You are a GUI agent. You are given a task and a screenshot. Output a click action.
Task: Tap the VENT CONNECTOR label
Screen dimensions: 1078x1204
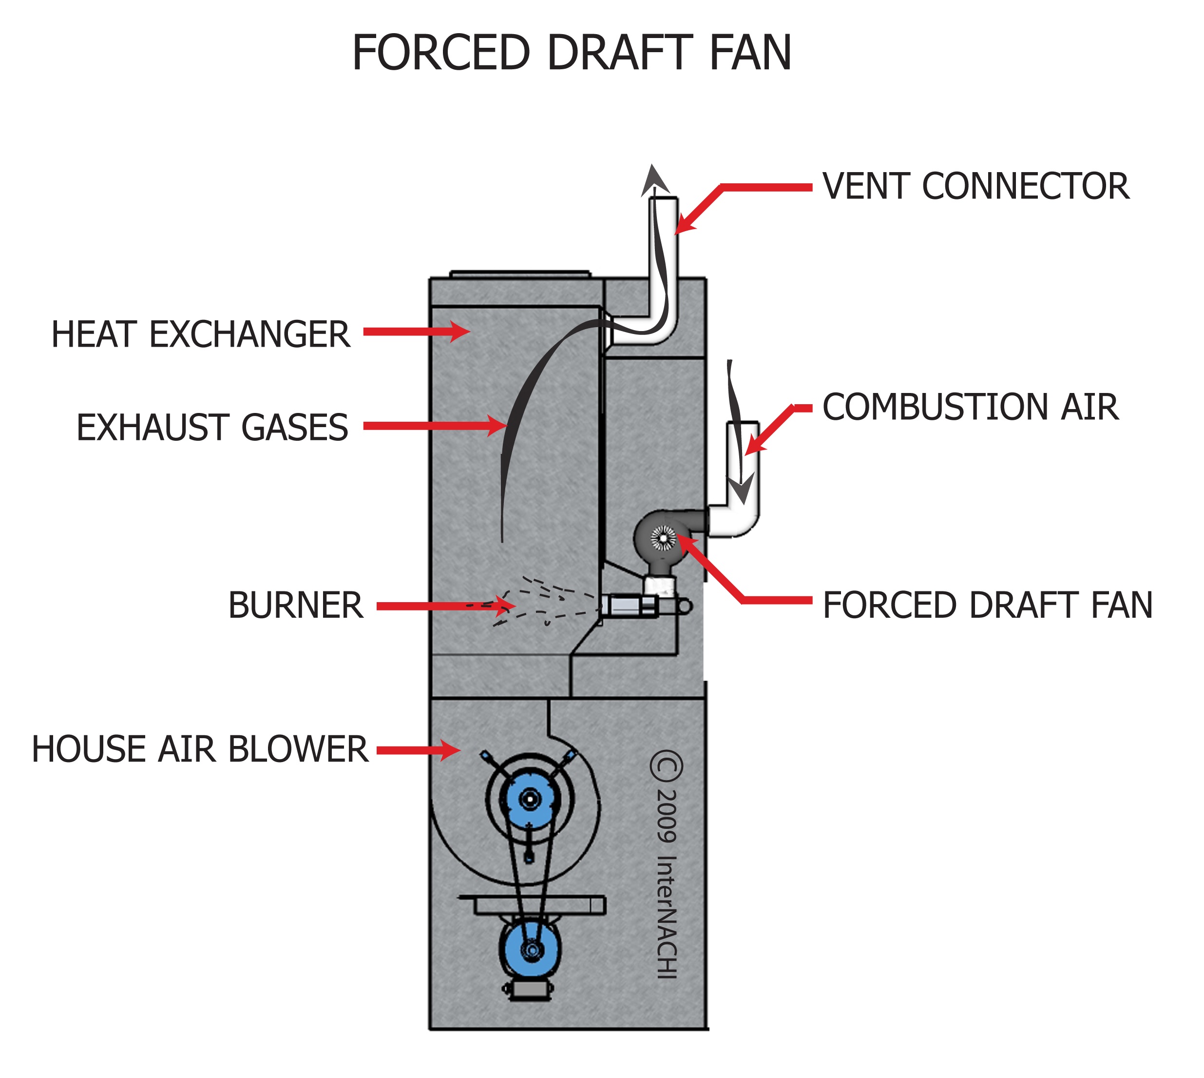coord(975,187)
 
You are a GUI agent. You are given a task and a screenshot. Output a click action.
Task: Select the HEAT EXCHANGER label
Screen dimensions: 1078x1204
coord(201,334)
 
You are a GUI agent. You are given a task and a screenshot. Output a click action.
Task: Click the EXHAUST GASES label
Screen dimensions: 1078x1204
coord(212,428)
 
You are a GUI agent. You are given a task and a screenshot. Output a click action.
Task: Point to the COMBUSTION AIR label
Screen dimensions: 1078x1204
coord(971,408)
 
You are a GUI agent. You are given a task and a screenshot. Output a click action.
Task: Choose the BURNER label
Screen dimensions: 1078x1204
coord(296,606)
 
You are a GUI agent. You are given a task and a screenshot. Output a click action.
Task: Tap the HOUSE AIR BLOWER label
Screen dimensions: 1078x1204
coord(200,749)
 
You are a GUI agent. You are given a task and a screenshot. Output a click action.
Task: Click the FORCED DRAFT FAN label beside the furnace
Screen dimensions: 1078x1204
coord(987,606)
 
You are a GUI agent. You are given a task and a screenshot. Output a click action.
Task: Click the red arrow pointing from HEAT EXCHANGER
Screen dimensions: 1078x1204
coord(414,332)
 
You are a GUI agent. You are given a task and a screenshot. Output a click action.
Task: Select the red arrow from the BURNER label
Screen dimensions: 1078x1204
coord(444,606)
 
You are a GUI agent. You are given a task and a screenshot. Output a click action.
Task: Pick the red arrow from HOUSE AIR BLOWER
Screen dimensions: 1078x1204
coord(417,750)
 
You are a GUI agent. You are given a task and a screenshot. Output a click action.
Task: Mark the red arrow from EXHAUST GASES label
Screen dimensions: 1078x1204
coord(432,425)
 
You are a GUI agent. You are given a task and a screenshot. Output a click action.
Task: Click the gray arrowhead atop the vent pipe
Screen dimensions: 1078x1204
coord(653,181)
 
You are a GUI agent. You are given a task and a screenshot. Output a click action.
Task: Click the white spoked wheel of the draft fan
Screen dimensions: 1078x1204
coord(663,538)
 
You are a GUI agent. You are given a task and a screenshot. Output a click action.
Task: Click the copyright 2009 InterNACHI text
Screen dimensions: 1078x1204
coord(667,865)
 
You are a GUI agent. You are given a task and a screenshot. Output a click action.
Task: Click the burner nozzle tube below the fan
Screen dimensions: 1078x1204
coord(631,606)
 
